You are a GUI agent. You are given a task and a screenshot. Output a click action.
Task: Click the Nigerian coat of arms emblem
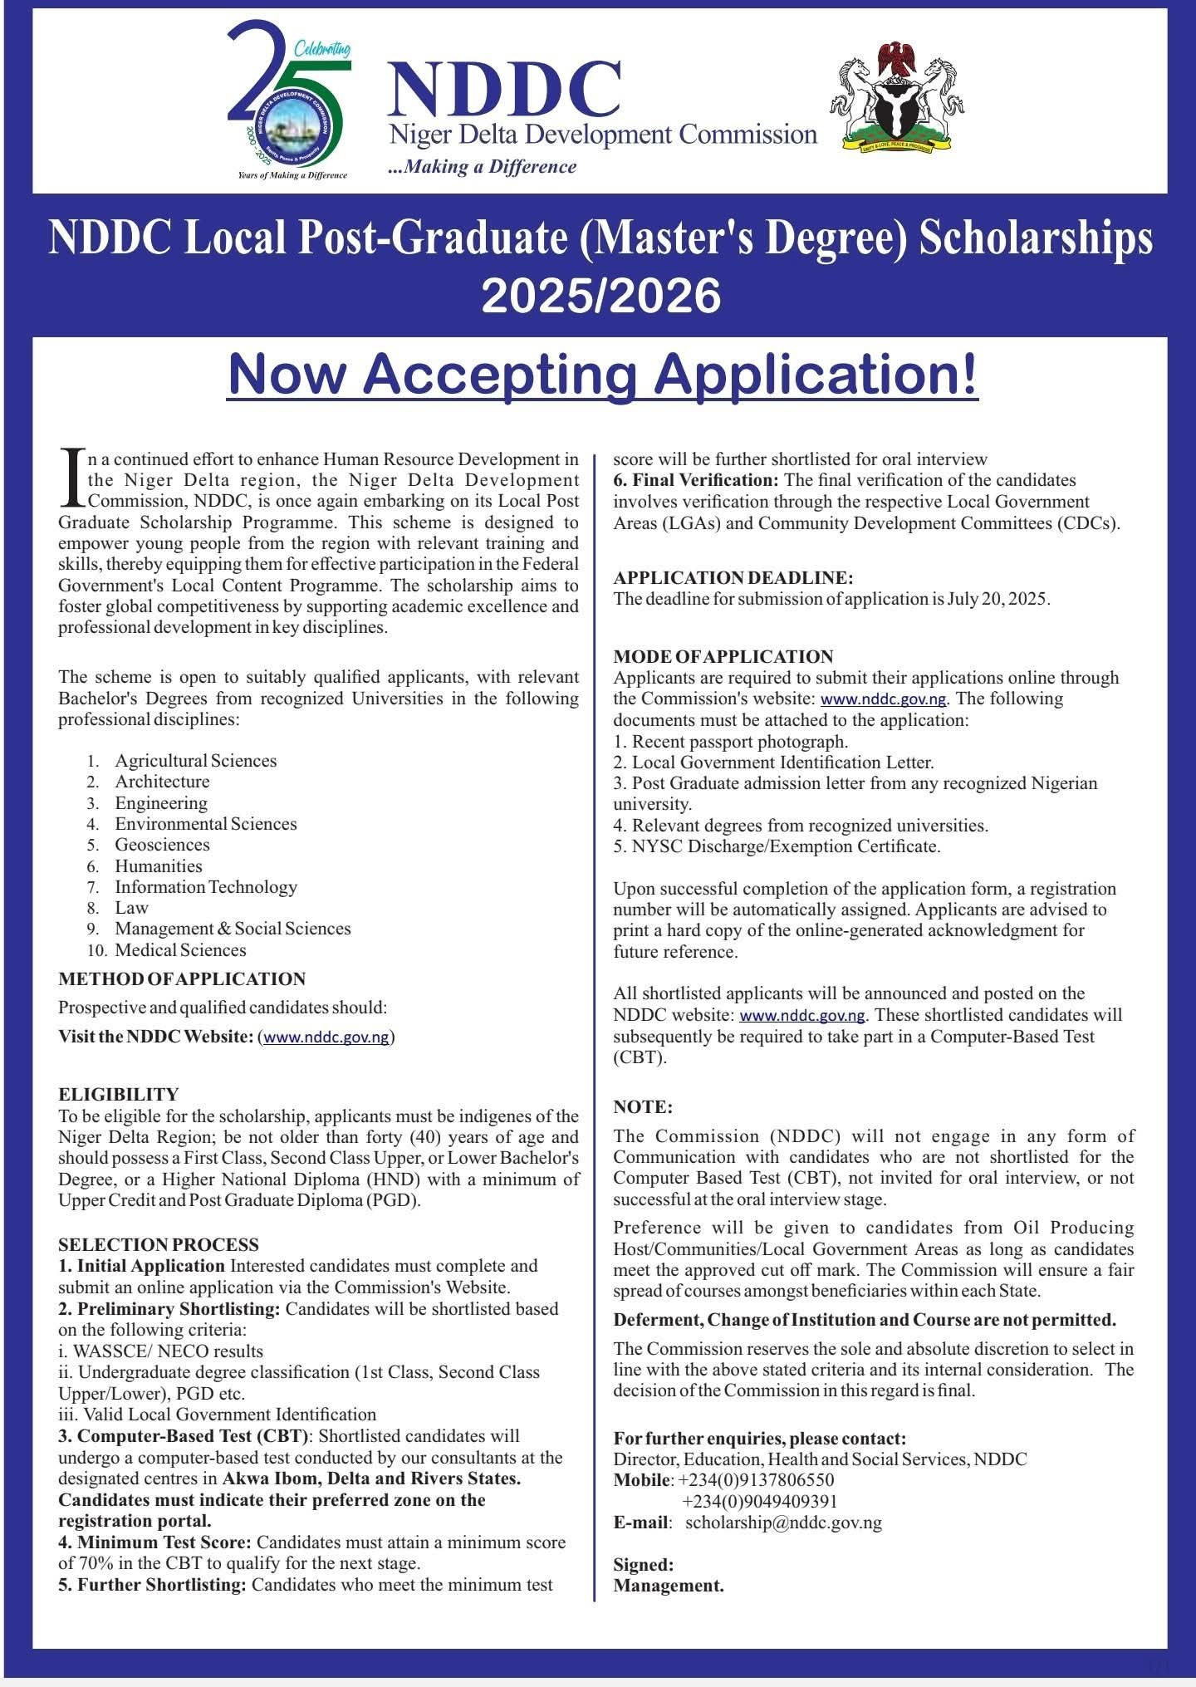897,97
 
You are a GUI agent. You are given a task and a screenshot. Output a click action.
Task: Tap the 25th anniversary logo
290,101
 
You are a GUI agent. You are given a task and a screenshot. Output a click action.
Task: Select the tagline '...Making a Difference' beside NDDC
482,167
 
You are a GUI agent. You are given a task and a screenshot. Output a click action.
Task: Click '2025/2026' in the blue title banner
600,297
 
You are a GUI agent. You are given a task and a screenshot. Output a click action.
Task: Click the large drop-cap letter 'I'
73,478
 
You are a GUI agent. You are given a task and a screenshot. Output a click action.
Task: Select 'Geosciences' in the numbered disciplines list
162,845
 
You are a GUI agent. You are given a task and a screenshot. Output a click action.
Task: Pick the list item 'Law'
131,908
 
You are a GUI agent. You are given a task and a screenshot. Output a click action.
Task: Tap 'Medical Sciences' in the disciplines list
180,950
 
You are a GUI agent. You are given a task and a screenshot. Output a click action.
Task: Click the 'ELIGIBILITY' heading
118,1094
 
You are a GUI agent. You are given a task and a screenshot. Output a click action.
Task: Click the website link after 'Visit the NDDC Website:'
326,1037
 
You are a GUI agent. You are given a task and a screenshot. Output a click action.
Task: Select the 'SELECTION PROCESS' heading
158,1245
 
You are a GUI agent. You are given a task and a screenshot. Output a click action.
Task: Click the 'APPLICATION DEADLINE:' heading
733,578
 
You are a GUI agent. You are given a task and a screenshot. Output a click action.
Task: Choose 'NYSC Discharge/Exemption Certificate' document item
786,846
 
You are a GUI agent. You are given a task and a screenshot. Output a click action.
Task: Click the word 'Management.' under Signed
668,1586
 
